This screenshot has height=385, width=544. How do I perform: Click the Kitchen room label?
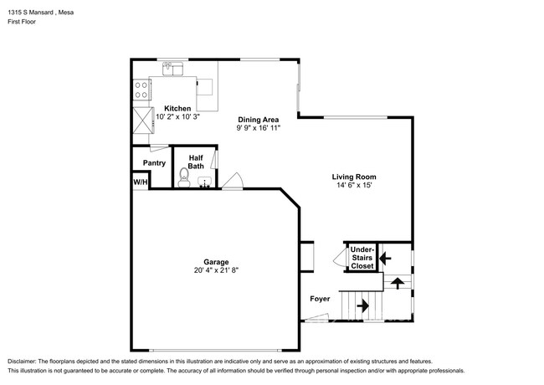177,109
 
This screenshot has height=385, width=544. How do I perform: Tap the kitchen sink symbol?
172,69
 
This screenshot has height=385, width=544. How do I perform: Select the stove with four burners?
141,90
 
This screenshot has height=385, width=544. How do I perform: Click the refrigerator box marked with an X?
143,121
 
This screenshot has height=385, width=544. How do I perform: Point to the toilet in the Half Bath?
184,177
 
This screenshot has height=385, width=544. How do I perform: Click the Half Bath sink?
205,182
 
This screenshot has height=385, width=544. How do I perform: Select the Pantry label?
154,163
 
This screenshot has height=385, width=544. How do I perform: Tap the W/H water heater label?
141,182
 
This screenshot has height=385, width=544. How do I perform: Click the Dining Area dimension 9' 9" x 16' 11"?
259,128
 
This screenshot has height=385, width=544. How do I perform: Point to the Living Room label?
354,177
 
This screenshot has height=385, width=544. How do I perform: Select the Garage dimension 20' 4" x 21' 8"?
216,270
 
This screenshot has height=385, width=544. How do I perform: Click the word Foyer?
320,299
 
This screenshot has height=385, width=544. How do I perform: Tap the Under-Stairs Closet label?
362,258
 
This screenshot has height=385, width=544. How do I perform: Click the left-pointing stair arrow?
385,258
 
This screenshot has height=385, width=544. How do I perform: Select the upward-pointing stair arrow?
398,283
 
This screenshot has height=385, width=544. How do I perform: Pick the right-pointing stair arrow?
362,306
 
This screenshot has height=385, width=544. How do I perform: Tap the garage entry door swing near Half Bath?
234,181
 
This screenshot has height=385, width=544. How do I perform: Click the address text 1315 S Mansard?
30,13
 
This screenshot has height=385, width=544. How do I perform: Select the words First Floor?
22,22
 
